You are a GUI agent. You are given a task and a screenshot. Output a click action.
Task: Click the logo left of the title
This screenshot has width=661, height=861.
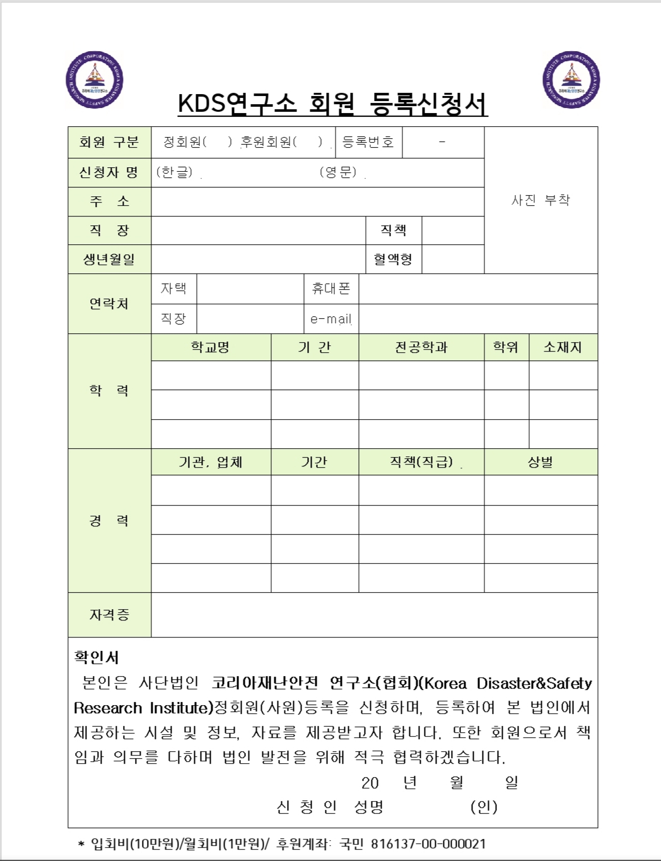95,80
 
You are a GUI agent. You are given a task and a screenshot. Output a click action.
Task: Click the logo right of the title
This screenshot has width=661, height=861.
571,80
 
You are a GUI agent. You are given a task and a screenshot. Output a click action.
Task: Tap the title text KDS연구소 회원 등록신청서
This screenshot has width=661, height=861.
333,104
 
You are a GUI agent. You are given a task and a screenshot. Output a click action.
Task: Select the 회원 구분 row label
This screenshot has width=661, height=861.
109,142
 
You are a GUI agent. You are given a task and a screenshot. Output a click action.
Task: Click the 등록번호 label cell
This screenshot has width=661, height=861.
368,142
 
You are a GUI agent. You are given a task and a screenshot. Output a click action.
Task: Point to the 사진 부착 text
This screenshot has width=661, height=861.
541,200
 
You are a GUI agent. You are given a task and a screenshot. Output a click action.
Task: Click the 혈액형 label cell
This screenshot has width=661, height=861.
393,259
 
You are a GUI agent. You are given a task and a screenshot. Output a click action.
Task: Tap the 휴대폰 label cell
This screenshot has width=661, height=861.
331,288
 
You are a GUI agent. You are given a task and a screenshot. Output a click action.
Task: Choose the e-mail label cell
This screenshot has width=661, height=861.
331,319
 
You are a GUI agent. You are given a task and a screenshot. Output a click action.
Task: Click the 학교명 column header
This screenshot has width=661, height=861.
211,347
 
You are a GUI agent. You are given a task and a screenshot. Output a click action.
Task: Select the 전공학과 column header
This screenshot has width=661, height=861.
421,347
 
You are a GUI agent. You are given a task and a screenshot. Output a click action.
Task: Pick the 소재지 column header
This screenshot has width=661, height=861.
563,347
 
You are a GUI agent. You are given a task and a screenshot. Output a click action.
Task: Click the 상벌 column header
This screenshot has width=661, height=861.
541,462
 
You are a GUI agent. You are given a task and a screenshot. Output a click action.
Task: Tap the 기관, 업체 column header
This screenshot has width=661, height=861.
211,462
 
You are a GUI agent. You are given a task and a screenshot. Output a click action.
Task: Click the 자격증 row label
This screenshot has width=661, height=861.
109,615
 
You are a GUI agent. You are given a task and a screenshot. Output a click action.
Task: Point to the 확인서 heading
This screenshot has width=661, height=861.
97,657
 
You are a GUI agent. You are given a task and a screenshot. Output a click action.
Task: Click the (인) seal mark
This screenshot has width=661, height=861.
484,807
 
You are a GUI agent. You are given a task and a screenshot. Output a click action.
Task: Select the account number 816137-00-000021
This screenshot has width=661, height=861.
428,844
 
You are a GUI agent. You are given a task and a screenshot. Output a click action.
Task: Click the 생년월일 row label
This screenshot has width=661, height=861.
109,259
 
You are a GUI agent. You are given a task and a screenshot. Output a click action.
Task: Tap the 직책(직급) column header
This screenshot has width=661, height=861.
421,462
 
